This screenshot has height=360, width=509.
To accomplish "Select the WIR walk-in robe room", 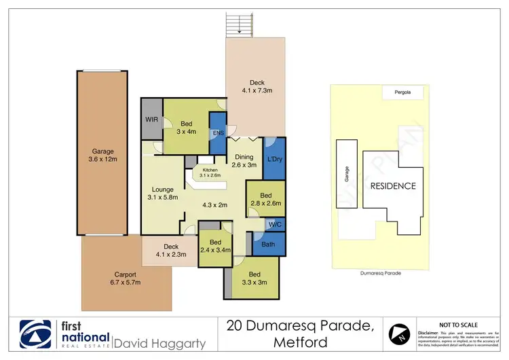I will pyautogui.click(x=152, y=120).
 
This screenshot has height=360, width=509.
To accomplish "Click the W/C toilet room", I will pyautogui.click(x=275, y=223).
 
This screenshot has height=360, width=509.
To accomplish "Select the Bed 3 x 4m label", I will pyautogui.click(x=187, y=128).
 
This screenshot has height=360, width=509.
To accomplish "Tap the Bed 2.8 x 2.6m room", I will pyautogui.click(x=265, y=198).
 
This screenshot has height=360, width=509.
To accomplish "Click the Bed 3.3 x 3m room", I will pyautogui.click(x=250, y=278).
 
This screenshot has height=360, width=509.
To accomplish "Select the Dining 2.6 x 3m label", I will pyautogui.click(x=244, y=161).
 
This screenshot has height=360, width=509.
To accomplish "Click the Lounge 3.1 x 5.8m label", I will pyautogui.click(x=162, y=193).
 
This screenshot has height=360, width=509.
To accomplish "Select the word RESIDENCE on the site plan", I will pyautogui.click(x=392, y=185).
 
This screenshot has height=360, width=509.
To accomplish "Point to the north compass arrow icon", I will pyautogui.click(x=398, y=334).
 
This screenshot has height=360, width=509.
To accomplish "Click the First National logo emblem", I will pyautogui.click(x=35, y=334).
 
